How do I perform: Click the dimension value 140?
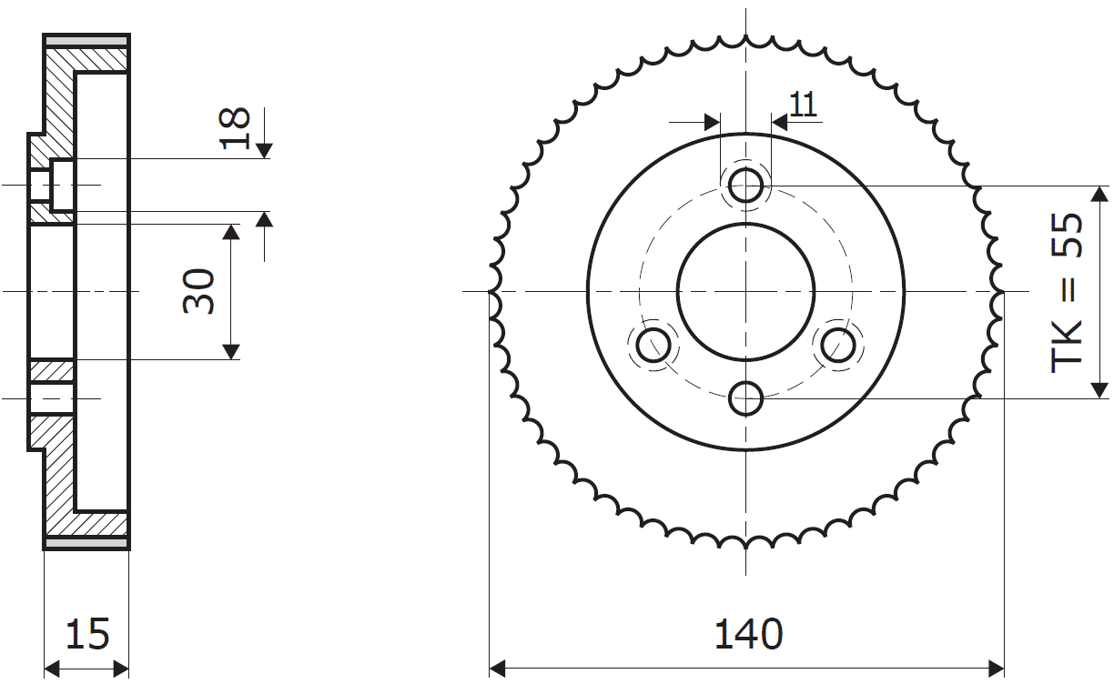point(748,634)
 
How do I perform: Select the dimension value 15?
point(87,634)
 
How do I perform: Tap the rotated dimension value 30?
point(199,291)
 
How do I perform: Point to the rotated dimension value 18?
point(234,128)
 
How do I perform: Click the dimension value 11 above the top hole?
point(803,105)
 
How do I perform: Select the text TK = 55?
point(1067,293)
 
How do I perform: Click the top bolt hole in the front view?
point(746,186)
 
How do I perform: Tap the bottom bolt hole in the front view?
point(746,398)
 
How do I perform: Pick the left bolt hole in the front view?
point(653,345)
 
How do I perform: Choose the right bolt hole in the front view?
point(838,345)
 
